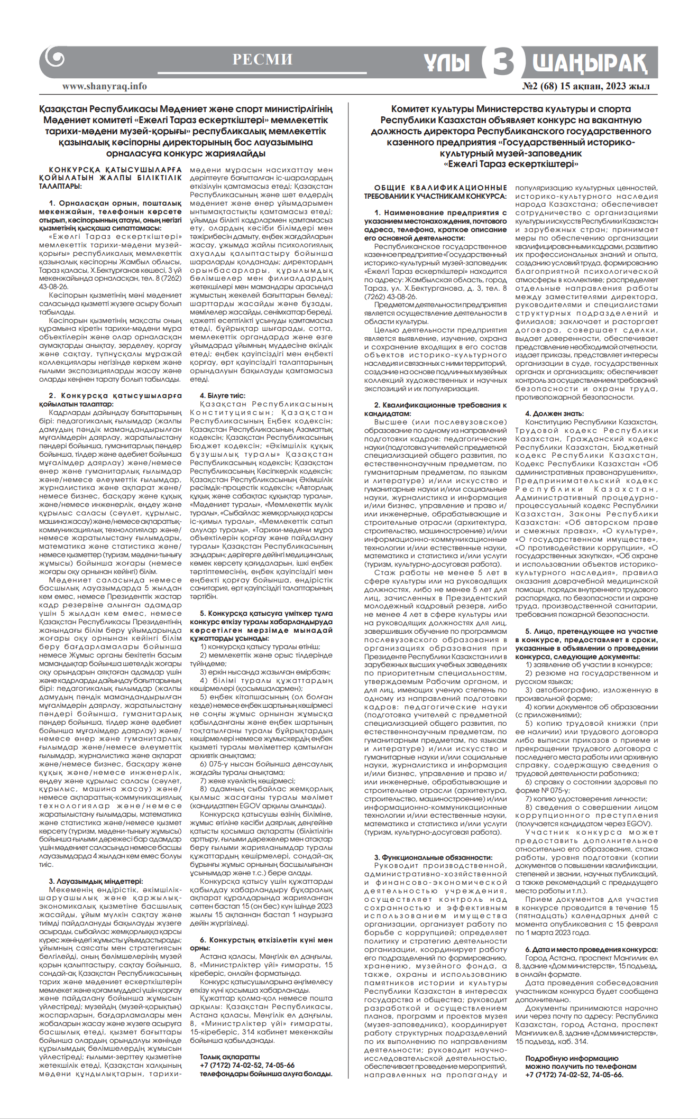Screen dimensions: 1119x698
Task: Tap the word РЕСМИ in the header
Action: (262, 60)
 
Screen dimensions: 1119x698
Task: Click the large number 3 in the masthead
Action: (503, 62)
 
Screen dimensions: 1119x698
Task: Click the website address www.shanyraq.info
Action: (105, 86)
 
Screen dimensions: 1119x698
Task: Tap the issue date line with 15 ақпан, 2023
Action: (586, 86)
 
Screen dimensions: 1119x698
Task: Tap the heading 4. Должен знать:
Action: (554, 413)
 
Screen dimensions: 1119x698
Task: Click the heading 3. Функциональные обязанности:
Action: (433, 857)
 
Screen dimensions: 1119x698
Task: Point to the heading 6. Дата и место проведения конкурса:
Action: (591, 949)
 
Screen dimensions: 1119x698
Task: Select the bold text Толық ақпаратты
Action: (222, 1057)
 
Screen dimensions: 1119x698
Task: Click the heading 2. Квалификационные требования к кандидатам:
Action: (435, 409)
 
